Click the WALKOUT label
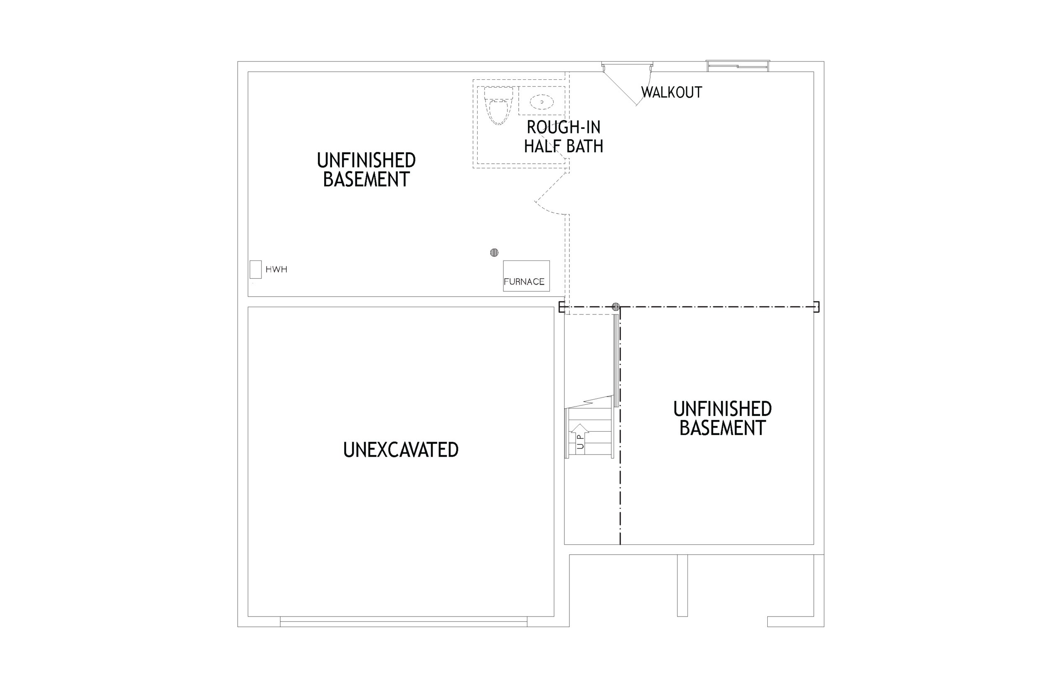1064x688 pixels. pyautogui.click(x=671, y=93)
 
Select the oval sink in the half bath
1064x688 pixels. pyautogui.click(x=542, y=102)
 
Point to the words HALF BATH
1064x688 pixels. pyautogui.click(x=564, y=146)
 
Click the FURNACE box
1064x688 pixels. pyautogui.click(x=527, y=275)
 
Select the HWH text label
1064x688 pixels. pyautogui.click(x=276, y=269)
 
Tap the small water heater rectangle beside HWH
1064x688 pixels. pyautogui.click(x=256, y=269)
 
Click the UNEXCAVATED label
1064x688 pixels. pyautogui.click(x=401, y=450)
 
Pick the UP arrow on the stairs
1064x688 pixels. pyautogui.click(x=580, y=439)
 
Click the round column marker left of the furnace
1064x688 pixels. pyautogui.click(x=494, y=253)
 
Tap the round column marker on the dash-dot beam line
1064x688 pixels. pyautogui.click(x=616, y=307)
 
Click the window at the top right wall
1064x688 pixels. pyautogui.click(x=738, y=66)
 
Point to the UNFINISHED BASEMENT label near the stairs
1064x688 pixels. pyautogui.click(x=723, y=419)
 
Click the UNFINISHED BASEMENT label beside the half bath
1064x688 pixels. pyautogui.click(x=367, y=170)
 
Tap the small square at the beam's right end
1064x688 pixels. pyautogui.click(x=816, y=307)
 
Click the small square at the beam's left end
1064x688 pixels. pyautogui.click(x=562, y=307)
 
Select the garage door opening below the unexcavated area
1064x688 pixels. pyautogui.click(x=404, y=622)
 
